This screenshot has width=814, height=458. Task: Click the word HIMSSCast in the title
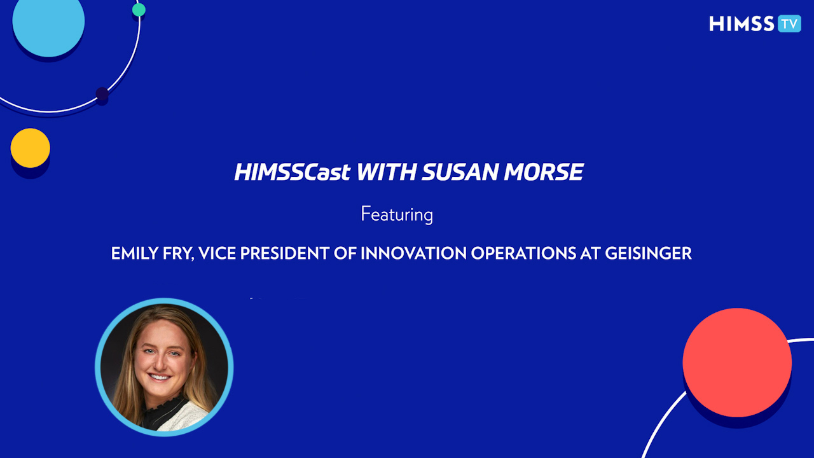point(293,172)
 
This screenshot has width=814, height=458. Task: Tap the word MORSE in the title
point(544,172)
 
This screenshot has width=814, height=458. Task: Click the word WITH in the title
point(386,172)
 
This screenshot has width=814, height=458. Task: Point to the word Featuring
point(397,214)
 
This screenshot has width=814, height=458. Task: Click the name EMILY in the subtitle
point(134,253)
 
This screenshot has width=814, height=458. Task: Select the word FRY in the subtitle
point(178,254)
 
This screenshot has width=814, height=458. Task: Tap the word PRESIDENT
point(284,253)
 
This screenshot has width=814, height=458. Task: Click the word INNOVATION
point(413,253)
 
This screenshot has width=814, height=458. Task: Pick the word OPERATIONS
point(523,253)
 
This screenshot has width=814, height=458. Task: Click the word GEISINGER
point(648,253)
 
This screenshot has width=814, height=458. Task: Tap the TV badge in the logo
point(789,24)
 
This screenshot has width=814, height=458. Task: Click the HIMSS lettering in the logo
point(742,24)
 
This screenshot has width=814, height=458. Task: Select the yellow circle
point(30,148)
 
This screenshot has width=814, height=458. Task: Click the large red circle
point(737,363)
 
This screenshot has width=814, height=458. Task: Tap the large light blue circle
point(48,21)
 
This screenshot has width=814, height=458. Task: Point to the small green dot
point(139,10)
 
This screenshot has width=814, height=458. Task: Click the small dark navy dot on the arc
point(102,94)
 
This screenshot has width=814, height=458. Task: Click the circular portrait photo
point(164,367)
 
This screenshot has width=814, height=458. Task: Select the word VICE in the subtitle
point(217,253)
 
